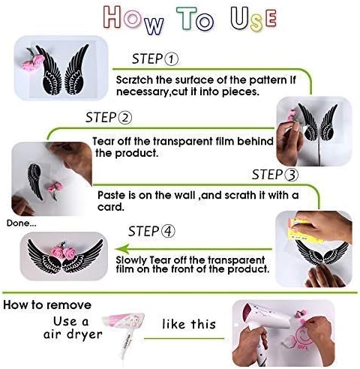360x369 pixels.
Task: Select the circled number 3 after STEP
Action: pyautogui.click(x=291, y=175)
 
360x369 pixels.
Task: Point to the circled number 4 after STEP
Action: pyautogui.click(x=168, y=231)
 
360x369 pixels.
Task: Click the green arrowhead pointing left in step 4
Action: pyautogui.click(x=122, y=249)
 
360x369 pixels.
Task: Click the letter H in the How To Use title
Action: pyautogui.click(x=112, y=16)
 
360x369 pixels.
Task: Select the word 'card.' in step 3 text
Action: pyautogui.click(x=111, y=207)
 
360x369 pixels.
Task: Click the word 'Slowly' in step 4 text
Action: pyautogui.click(x=131, y=260)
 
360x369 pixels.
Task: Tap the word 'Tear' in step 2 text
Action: pyautogui.click(x=103, y=141)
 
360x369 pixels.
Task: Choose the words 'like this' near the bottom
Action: pyautogui.click(x=189, y=324)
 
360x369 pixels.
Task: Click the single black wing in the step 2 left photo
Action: pyautogui.click(x=35, y=181)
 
